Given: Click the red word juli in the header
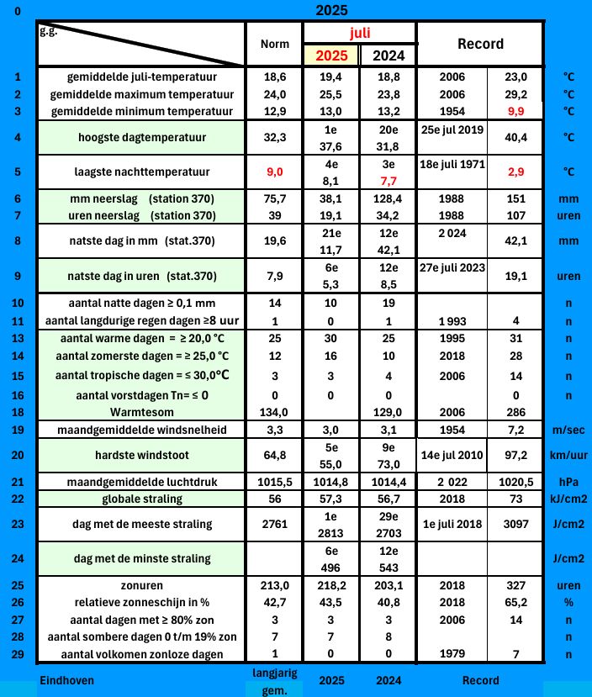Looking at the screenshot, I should point(360,33).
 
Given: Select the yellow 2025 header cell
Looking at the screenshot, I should point(331,55).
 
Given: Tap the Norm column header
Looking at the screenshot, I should point(274,44).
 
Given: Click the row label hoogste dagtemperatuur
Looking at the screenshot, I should point(138,136).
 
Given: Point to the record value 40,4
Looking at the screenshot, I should point(515,136).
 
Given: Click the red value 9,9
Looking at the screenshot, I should point(515,110).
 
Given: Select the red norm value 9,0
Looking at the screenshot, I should point(274,172).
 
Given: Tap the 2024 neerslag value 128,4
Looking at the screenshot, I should point(388,198).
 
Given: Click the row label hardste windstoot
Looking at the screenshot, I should point(138,455).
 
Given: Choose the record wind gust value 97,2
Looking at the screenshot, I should point(515,455).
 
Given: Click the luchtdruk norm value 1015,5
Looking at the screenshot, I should point(274,482).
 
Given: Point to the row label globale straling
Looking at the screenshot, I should point(138,499).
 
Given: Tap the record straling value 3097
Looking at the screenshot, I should point(515,525).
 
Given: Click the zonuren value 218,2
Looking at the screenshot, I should point(331,584).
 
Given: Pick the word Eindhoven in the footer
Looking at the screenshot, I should point(66,680).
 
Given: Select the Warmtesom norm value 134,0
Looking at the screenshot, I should point(274,412).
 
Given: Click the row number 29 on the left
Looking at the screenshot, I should point(17,654).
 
